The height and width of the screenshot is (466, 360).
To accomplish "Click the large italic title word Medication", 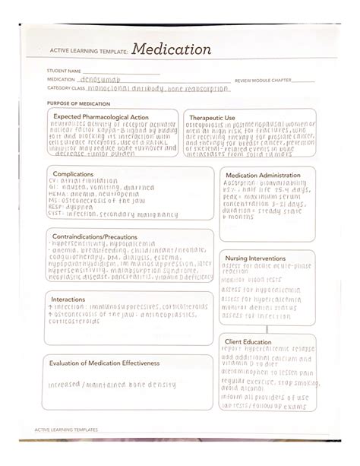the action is [171, 50].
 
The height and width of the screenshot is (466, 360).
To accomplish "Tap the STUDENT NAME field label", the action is [62, 71].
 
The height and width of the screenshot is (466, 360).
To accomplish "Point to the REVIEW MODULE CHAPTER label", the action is [263, 80].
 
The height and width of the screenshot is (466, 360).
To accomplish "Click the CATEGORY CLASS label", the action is [68, 88].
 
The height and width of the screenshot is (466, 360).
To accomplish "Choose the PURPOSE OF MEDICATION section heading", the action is [78, 103].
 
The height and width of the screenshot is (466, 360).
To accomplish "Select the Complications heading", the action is [73, 174].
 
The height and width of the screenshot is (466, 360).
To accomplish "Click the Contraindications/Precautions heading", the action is [94, 237].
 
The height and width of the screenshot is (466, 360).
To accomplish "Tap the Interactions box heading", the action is [68, 300].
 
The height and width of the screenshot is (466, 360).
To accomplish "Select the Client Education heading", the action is [247, 342].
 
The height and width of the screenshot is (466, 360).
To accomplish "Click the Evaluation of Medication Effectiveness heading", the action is [105, 363].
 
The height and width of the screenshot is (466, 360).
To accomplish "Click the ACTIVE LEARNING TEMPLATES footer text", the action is [66, 430].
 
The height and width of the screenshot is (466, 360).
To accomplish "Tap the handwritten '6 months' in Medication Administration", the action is [241, 217].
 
